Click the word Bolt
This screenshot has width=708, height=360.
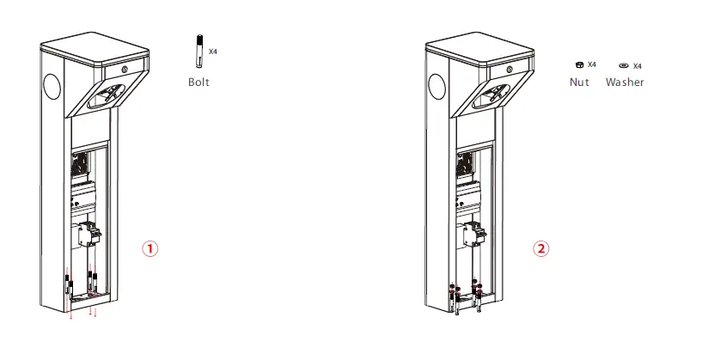(198, 82)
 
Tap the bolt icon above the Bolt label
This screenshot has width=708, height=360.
(197, 51)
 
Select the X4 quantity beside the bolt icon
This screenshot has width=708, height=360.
(212, 52)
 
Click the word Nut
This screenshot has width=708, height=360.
(580, 82)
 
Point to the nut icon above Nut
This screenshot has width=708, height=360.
(579, 65)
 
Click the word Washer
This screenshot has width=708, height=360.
(625, 82)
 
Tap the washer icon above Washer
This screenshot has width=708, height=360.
(623, 66)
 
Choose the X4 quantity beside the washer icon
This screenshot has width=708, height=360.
(638, 66)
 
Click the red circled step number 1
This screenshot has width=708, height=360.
(150, 248)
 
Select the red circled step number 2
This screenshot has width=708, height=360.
(540, 248)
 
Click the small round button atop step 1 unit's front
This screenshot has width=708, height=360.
(125, 68)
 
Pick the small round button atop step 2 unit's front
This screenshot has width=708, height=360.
(512, 68)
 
